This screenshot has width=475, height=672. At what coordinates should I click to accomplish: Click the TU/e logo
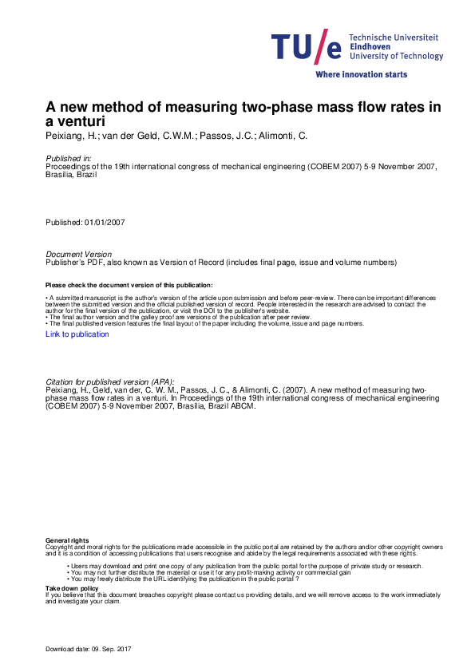pyautogui.click(x=307, y=47)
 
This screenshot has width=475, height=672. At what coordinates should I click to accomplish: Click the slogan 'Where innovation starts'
pyautogui.click(x=361, y=74)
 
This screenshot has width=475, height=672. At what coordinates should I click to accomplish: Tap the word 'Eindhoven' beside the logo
pyautogui.click(x=370, y=47)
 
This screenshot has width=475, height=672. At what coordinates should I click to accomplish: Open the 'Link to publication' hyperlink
pyautogui.click(x=77, y=334)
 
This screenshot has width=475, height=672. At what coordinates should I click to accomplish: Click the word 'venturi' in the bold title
pyautogui.click(x=80, y=121)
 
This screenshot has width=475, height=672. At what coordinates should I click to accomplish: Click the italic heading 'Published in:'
pyautogui.click(x=69, y=159)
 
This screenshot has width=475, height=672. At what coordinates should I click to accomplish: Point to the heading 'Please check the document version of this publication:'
pyautogui.click(x=129, y=285)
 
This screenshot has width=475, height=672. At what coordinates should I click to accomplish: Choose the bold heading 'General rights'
pyautogui.click(x=63, y=542)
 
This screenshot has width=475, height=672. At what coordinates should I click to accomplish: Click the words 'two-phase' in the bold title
pyautogui.click(x=253, y=107)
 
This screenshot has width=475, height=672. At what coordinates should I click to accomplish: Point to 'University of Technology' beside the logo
pyautogui.click(x=397, y=57)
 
